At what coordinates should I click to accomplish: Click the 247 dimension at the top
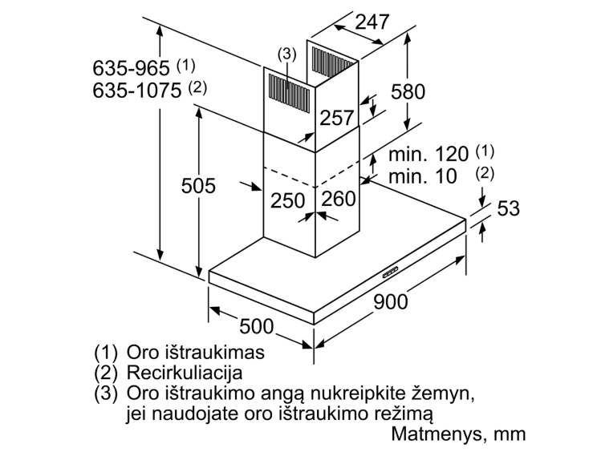372,22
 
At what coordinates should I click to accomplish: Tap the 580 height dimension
408,91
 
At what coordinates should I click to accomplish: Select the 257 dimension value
337,118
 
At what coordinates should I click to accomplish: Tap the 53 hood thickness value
508,209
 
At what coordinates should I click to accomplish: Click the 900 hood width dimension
391,301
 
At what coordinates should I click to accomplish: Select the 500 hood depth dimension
257,326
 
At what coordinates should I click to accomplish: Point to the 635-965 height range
130,67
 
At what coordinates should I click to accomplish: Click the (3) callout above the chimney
286,54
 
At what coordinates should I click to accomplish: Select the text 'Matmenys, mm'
459,434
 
